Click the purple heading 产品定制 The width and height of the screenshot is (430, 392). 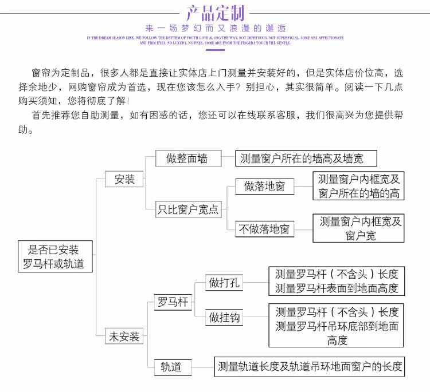tap(215, 13)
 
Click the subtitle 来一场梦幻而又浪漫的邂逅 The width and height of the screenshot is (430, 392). tap(215, 28)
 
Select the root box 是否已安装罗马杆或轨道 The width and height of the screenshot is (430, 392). tap(54, 257)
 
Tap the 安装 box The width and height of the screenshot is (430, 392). tap(124, 179)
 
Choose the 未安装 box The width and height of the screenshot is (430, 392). tap(124, 336)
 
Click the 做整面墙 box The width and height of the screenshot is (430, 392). tap(187, 159)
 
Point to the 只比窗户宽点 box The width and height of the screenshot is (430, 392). tap(188, 209)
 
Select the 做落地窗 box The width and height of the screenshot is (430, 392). tap(264, 186)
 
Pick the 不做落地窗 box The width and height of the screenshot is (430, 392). tap(265, 229)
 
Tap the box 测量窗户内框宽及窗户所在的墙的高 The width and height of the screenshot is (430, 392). tap(358, 187)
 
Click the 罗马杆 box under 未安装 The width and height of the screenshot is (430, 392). tap(173, 302)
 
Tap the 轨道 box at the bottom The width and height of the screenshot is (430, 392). tap(171, 367)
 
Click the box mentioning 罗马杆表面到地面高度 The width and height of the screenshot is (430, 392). tap(336, 281)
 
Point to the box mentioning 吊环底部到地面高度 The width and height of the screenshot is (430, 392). tap(336, 326)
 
